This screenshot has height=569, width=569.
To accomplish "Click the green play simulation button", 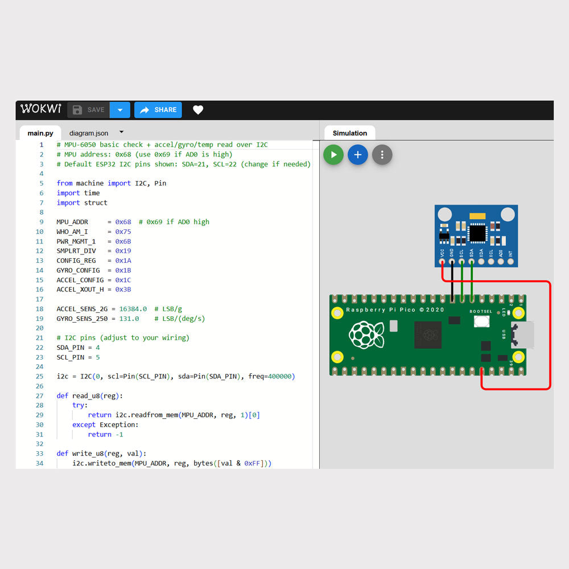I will coord(333,155).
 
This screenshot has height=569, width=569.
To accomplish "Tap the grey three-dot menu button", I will coord(382,155).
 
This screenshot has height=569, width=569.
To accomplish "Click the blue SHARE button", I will coord(158,110).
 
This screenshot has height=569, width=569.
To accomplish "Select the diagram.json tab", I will coord(89,133).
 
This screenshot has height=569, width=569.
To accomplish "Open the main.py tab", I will coord(40,133).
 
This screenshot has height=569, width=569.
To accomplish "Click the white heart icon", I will coord(198,110).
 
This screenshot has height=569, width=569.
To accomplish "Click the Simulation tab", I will coord(350,133).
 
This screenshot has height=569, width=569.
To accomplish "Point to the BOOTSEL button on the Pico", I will coord(482,321).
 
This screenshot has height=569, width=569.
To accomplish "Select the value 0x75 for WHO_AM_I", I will coord(123,232).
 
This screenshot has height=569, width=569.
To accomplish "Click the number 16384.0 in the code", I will coord(133,309).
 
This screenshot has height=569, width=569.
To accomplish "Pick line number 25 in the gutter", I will coord(40,377).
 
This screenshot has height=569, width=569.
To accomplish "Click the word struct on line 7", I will coord(96,203).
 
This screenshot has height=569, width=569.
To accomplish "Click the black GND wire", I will coord(452,282).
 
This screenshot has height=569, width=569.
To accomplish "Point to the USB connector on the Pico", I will coord(524,335).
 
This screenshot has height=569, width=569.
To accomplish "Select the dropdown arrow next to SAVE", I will coord(119,110).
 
